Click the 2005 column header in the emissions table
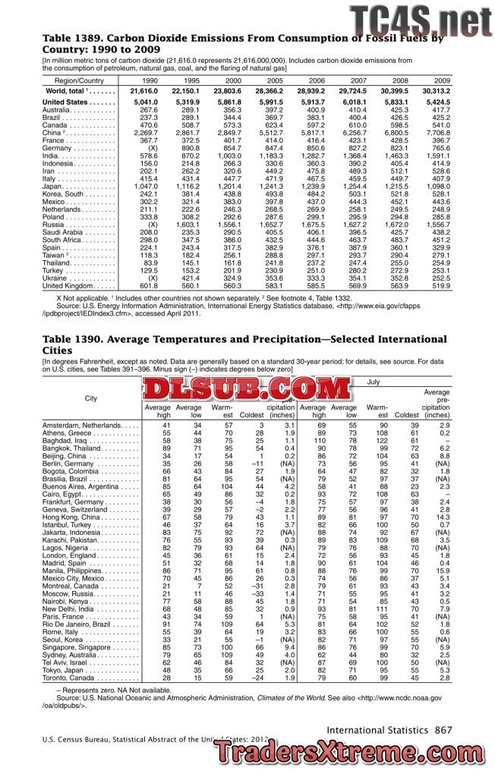[275, 80]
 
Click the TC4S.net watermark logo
[420, 20]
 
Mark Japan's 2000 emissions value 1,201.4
[228, 187]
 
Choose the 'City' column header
[91, 398]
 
